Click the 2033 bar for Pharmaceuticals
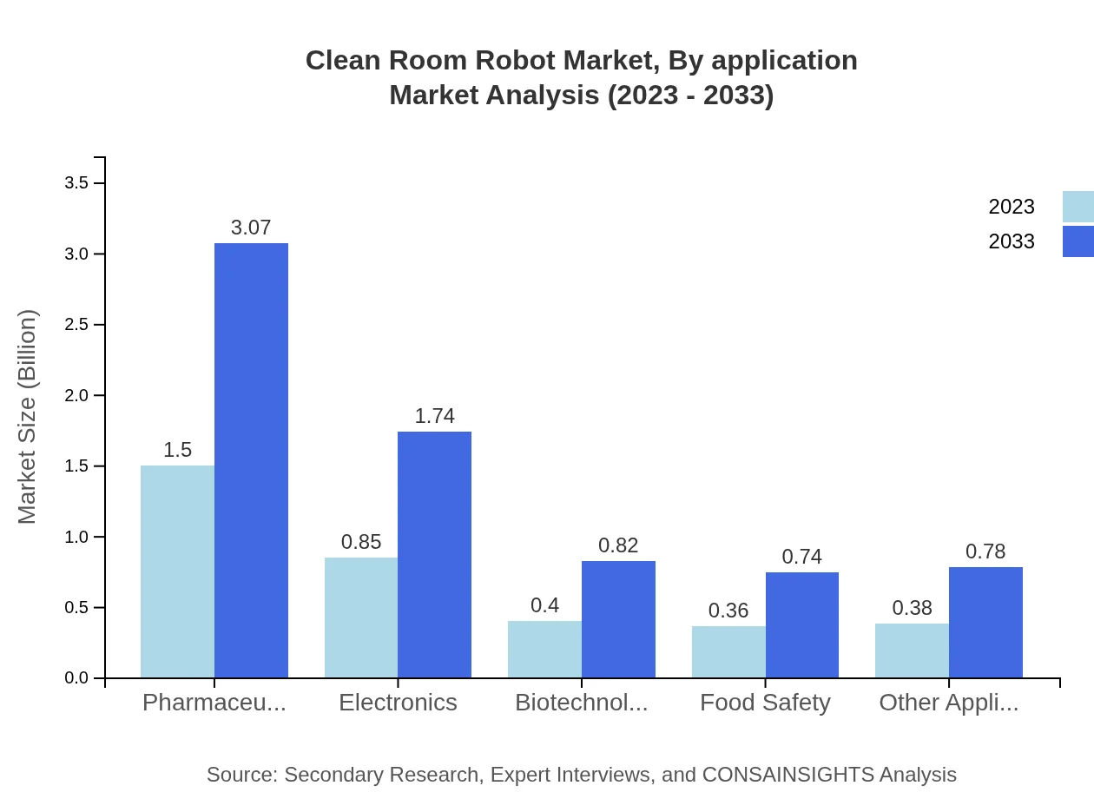click(x=251, y=460)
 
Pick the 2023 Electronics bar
click(x=361, y=617)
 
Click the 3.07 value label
click(x=251, y=228)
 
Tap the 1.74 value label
click(x=434, y=416)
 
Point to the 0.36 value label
click(x=728, y=611)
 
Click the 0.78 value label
click(x=985, y=551)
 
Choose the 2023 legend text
click(x=1012, y=207)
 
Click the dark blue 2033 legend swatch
click(x=1078, y=241)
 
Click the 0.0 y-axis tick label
click(x=77, y=678)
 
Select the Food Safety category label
click(x=765, y=703)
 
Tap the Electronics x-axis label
click(x=398, y=703)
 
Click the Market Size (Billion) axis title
click(x=28, y=417)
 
